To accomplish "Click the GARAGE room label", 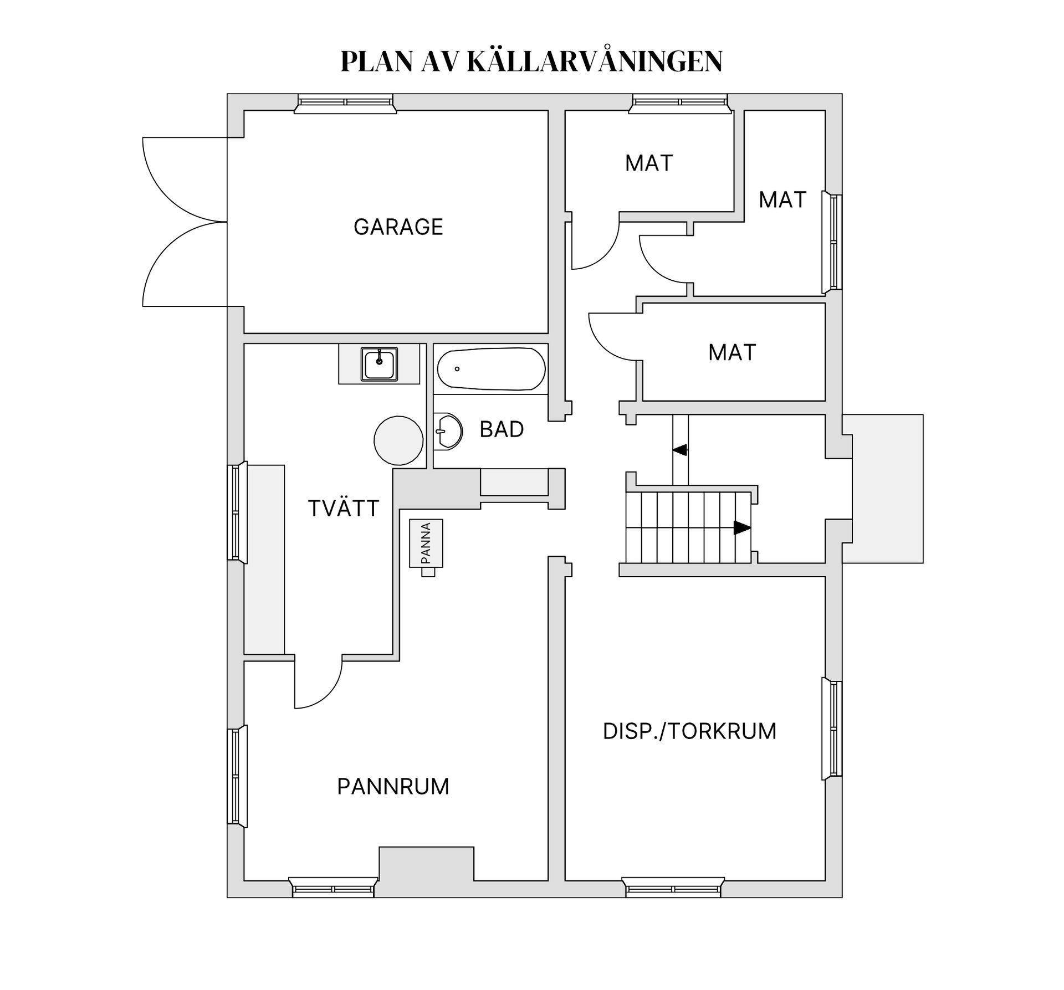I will pyautogui.click(x=398, y=227).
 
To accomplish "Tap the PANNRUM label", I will pyautogui.click(x=393, y=787).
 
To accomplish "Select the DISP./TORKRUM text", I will pyautogui.click(x=689, y=731).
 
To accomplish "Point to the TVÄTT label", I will pyautogui.click(x=343, y=508).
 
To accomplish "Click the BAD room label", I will pyautogui.click(x=502, y=429).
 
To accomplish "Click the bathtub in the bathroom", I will pyautogui.click(x=491, y=369).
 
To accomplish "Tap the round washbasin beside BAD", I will pyautogui.click(x=448, y=430).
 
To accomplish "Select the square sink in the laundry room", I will pyautogui.click(x=379, y=364).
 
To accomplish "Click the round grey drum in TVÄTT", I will pyautogui.click(x=398, y=441).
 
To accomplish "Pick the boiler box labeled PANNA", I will pyautogui.click(x=426, y=543).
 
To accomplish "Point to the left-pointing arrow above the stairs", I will pyautogui.click(x=680, y=450).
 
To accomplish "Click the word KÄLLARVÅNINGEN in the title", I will pyautogui.click(x=595, y=61).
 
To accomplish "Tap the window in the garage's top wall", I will pyautogui.click(x=345, y=103).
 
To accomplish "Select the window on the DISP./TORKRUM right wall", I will pyautogui.click(x=832, y=729).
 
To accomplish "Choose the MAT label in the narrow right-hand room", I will pyautogui.click(x=782, y=200).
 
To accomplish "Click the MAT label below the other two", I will pyautogui.click(x=731, y=352).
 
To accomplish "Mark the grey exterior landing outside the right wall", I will pyautogui.click(x=888, y=489).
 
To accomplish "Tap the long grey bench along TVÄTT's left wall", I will pyautogui.click(x=265, y=560).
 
